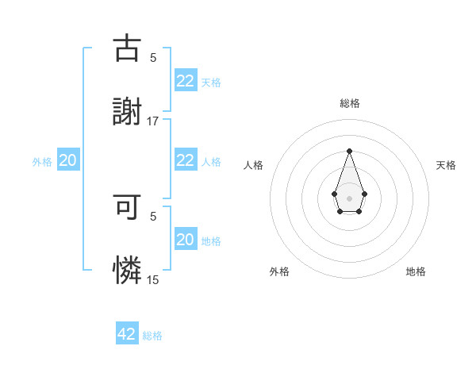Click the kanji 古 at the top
127,49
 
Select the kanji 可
127,207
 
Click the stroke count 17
153,121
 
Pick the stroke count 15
153,279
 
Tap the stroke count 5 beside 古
153,57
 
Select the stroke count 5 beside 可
153,216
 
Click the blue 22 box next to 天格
185,81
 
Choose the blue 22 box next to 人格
185,160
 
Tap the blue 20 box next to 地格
185,240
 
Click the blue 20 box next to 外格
68,160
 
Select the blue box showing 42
127,334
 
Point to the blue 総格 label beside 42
152,336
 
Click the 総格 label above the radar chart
349,103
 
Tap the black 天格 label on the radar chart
447,165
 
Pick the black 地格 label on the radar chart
416,271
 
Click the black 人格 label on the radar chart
254,165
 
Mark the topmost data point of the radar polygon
349,151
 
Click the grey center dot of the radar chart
349,197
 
